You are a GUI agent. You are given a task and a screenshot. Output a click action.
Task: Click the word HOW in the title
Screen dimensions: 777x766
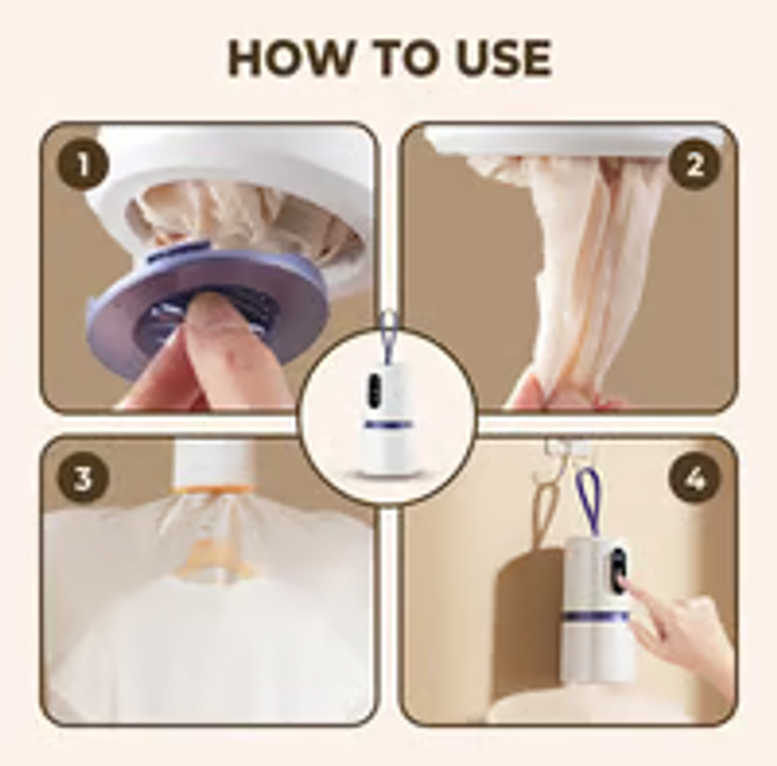pos(288,57)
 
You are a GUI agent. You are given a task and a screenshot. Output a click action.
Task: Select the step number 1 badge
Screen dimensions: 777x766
pos(83,164)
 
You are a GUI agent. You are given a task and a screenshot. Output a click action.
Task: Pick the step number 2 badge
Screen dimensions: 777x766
pos(693,164)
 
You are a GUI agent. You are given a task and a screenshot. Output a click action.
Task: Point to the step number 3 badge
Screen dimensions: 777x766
pos(83,478)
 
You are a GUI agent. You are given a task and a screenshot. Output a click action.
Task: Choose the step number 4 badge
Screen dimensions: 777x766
pos(693,478)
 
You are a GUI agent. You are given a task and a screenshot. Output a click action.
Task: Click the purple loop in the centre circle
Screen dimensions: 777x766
pos(388,337)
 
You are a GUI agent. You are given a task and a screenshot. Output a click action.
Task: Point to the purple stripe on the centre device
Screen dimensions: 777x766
pos(388,425)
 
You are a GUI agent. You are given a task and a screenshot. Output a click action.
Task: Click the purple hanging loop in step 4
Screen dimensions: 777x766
pos(589,501)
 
